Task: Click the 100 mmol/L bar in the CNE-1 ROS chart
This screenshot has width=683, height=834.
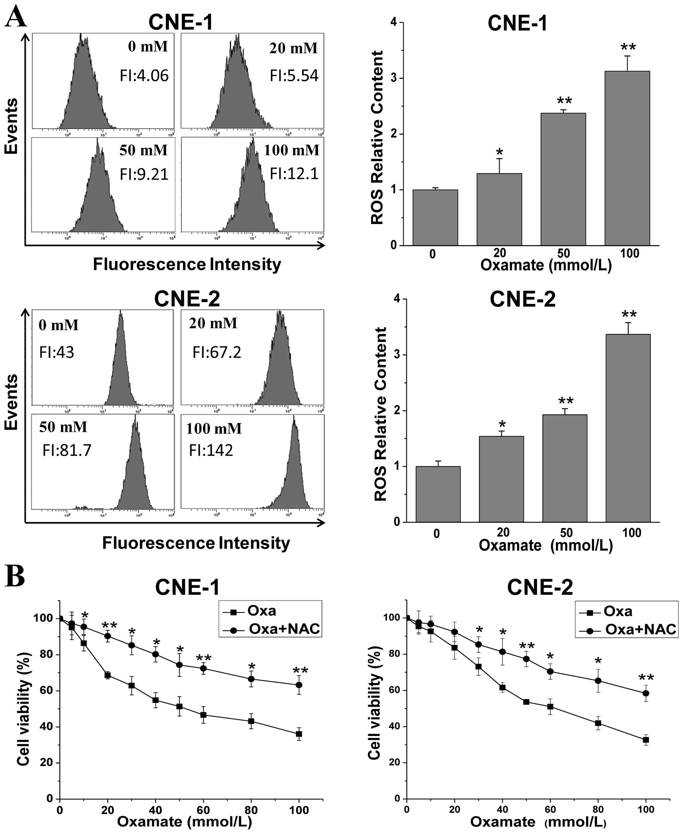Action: point(627,158)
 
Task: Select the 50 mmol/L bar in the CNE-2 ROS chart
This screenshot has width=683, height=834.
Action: point(564,468)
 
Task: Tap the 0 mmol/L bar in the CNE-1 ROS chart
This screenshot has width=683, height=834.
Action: point(435,218)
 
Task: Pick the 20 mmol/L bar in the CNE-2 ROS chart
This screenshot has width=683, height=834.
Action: point(501,479)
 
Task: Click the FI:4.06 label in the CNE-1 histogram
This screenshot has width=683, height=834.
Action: point(144,76)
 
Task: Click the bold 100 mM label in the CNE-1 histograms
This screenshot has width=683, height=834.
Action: point(292,150)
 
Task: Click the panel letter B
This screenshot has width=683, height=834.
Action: point(15,576)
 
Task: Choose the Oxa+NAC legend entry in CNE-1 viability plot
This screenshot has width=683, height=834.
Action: point(284,629)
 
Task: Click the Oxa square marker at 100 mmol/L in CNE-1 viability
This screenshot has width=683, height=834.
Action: point(299,734)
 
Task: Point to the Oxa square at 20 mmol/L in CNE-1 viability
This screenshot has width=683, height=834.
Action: point(107,675)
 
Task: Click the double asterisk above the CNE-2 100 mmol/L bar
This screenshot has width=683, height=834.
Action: point(629,314)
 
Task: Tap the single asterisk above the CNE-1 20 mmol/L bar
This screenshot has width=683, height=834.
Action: point(499,152)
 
